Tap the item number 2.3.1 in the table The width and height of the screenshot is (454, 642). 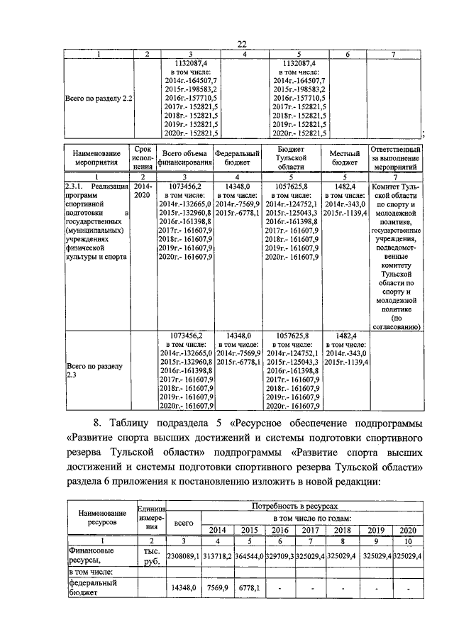pos(76,187)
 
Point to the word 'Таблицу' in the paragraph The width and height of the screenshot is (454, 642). pos(131,424)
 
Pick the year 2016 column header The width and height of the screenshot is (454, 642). pos(279,530)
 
